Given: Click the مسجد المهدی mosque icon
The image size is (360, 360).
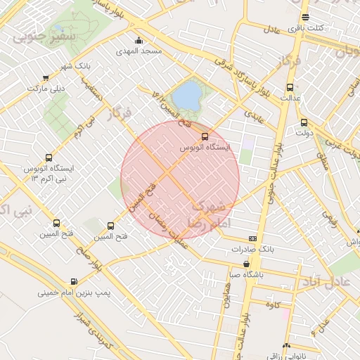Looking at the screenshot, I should coord(139,40).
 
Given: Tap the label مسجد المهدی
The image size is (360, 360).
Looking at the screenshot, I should coord(141,51).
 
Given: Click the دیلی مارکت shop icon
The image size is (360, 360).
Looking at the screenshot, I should coord(46,78).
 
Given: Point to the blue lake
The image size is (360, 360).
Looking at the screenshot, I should coord(187,96).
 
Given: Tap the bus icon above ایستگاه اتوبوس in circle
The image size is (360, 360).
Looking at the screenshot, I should coord(205,136).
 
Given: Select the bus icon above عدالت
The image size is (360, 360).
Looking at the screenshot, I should coord(290,87).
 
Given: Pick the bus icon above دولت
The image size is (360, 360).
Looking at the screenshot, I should coord(303,122).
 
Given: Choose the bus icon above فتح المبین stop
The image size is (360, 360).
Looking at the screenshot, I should coord(110,226).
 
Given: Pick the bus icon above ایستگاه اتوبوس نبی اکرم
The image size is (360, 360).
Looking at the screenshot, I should coord(49,158).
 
